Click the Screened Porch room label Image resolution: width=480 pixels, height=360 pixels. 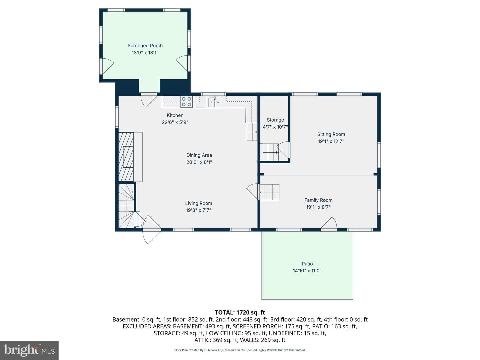click(145, 46)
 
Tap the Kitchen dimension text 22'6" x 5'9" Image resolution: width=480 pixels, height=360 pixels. click(175, 122)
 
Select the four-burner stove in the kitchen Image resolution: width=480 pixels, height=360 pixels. click(187, 102)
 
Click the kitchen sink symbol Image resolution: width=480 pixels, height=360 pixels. click(215, 102)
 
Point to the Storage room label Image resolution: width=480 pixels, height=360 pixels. click(275, 120)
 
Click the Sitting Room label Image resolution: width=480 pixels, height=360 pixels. click(331, 134)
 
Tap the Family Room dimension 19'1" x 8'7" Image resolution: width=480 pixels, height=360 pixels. click(318, 207)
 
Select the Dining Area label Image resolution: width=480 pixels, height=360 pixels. click(199, 155)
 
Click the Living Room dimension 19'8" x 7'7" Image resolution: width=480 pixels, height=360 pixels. click(198, 210)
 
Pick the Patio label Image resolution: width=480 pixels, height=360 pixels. click(307, 264)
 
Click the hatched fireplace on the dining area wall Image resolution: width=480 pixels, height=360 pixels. click(126, 157)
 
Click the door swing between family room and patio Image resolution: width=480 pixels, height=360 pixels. click(329, 223)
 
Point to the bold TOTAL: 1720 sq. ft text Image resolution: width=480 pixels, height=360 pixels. click(240, 312)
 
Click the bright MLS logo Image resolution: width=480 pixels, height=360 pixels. click(29, 350)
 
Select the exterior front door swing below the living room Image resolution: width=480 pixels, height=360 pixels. click(152, 237)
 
